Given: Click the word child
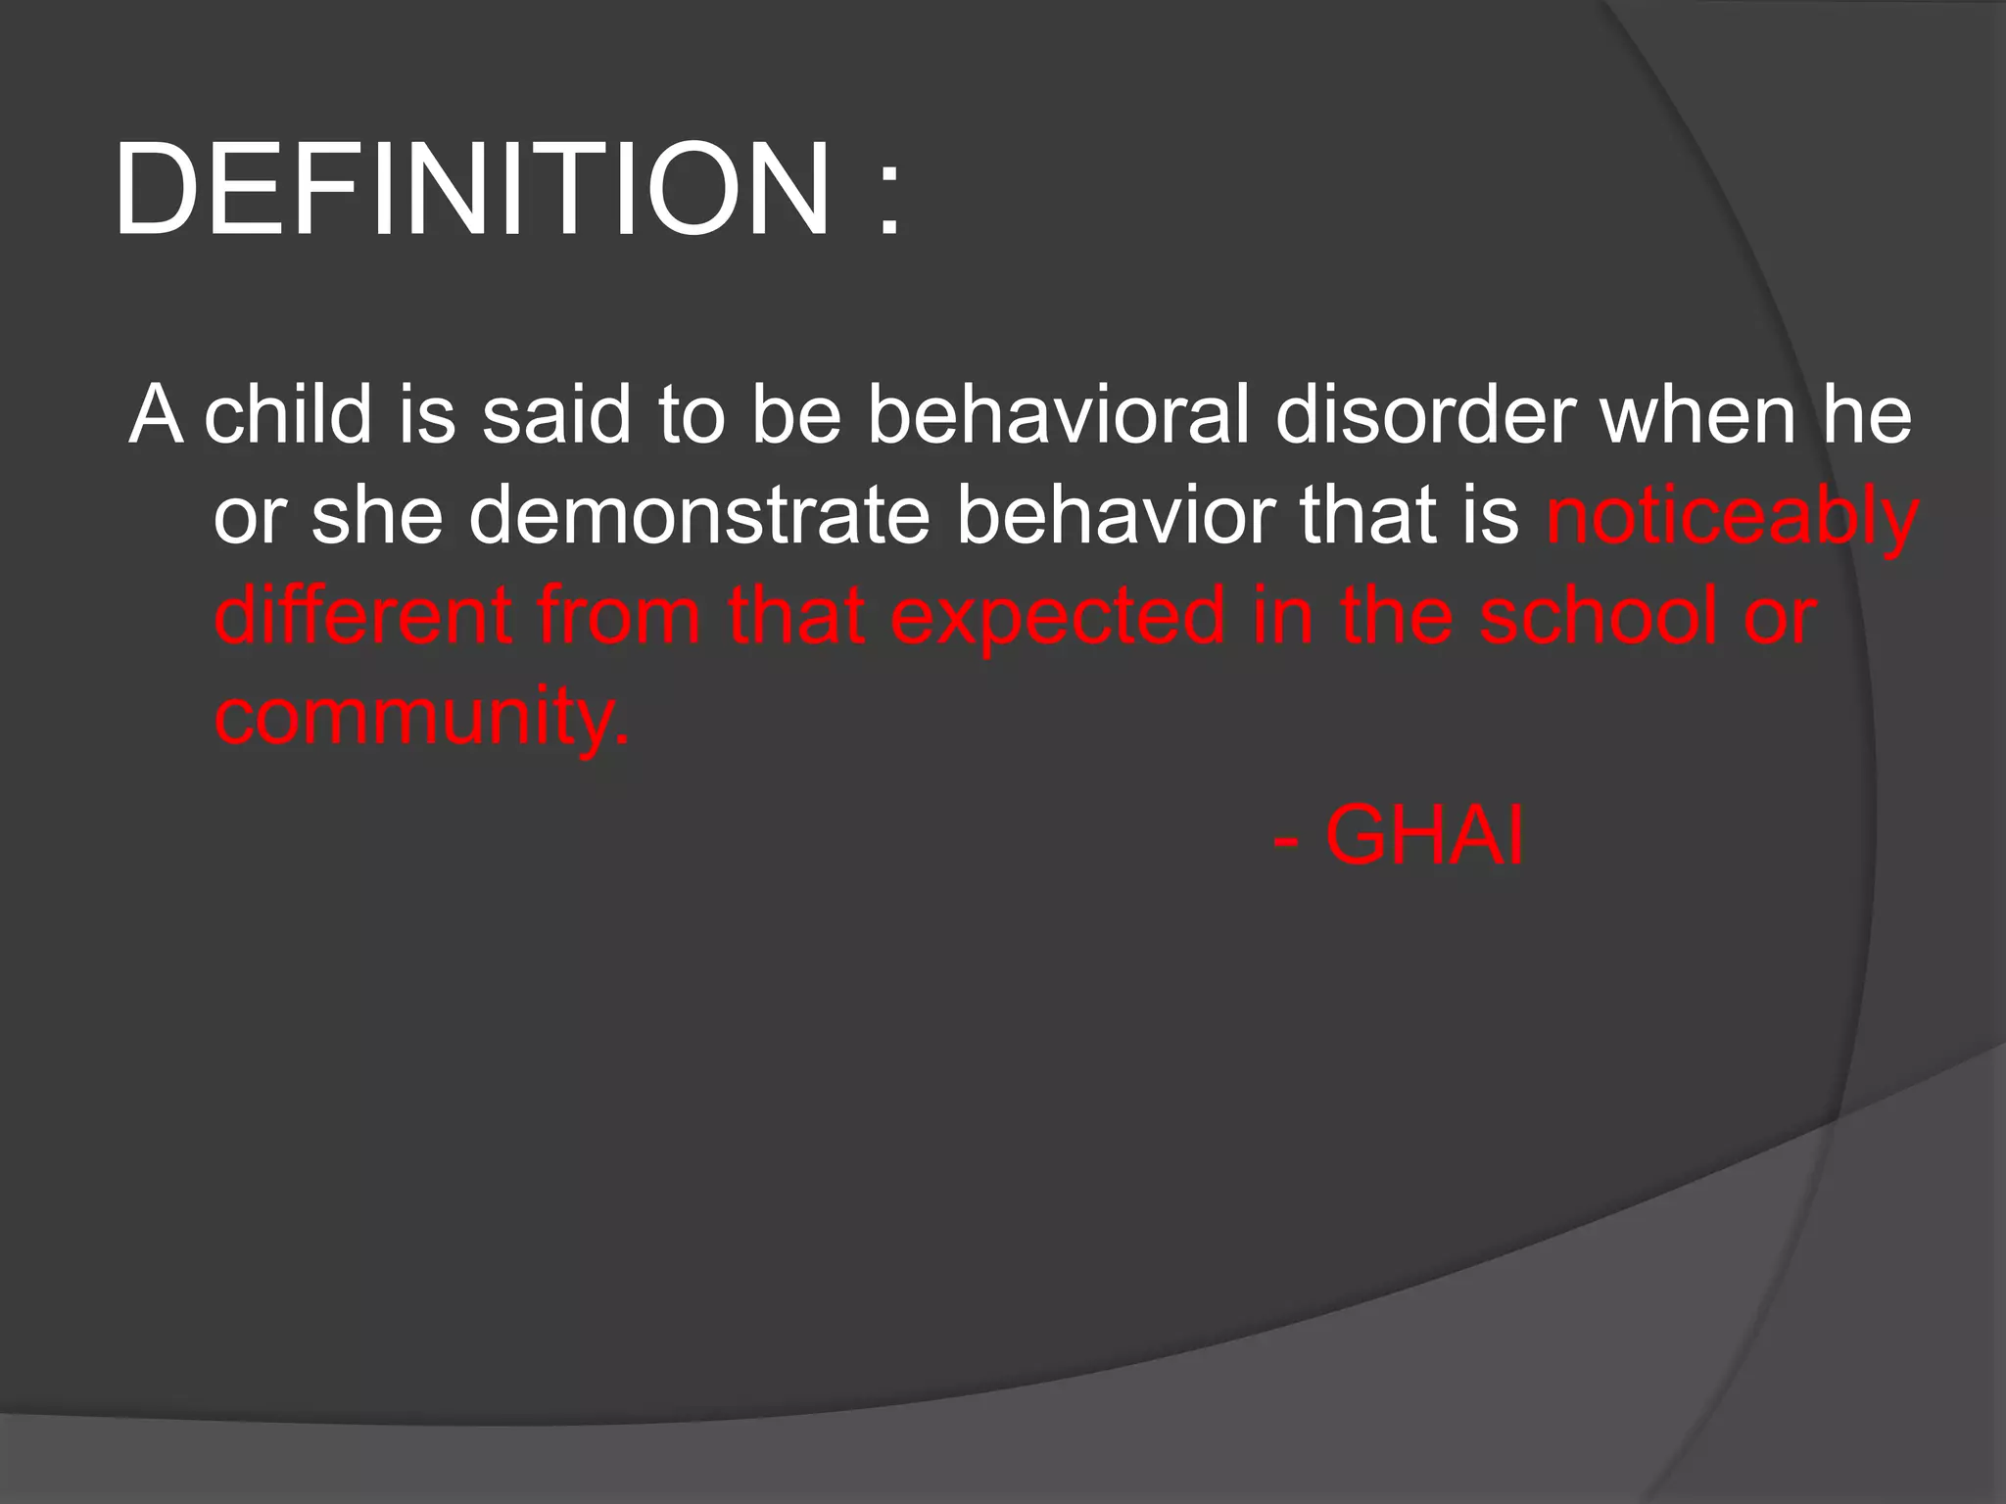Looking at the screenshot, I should [x=288, y=415].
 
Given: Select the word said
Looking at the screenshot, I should [x=555, y=415].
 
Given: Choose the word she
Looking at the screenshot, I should [x=377, y=516].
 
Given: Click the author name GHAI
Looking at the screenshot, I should [x=1424, y=837].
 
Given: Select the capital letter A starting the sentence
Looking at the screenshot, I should [x=157, y=415].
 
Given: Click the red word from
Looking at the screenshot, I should [x=618, y=616].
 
